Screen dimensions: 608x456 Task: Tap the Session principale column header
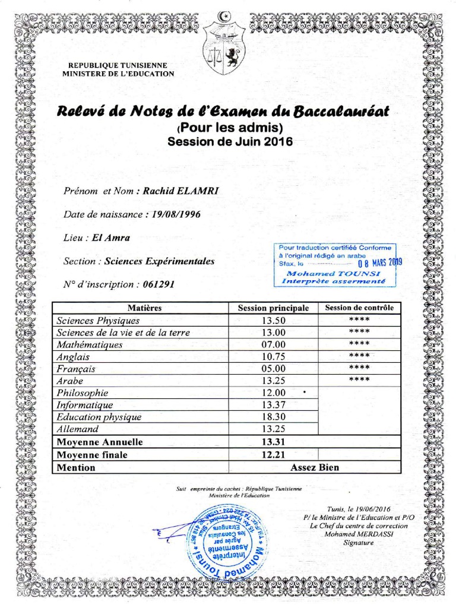click(x=273, y=308)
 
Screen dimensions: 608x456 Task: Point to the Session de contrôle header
click(x=359, y=308)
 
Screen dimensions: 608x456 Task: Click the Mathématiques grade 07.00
click(x=274, y=345)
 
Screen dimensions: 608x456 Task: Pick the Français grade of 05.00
click(x=274, y=369)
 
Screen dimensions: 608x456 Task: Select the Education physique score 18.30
click(x=274, y=417)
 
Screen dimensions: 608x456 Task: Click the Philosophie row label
click(x=83, y=393)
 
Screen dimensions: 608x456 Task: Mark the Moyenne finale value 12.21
click(x=274, y=455)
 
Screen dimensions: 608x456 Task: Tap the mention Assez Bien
click(x=315, y=467)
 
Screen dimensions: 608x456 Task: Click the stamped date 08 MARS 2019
click(x=380, y=262)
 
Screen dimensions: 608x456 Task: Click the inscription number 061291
click(x=159, y=284)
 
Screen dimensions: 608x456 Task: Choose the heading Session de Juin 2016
click(x=230, y=142)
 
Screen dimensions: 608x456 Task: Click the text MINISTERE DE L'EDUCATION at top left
click(x=119, y=74)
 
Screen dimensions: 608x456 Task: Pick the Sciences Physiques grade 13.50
click(x=274, y=321)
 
